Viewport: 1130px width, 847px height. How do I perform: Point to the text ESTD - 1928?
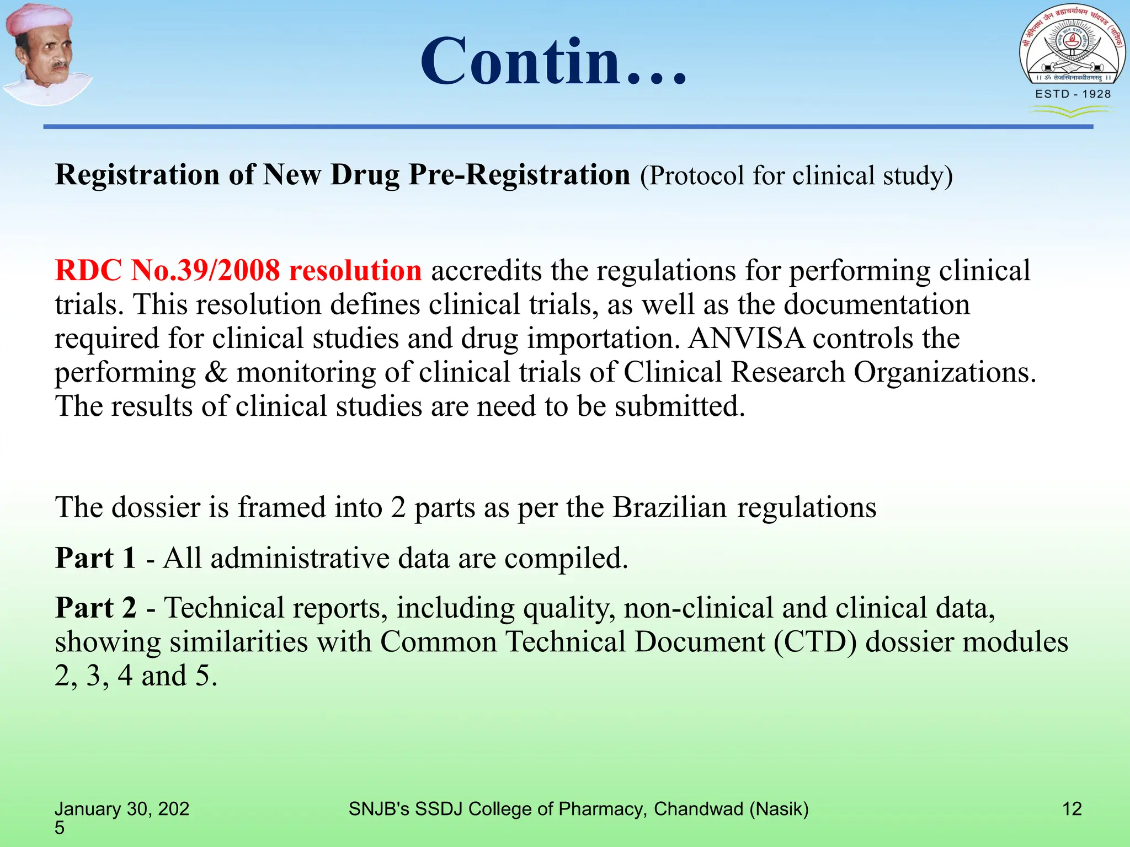tap(1073, 94)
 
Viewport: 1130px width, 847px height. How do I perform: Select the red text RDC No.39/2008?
tap(167, 271)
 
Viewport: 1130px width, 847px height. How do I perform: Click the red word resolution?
tap(355, 271)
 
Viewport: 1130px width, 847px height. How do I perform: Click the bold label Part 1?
tap(95, 558)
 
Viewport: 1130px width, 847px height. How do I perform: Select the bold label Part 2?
tap(95, 608)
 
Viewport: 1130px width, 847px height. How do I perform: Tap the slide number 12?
tap(1072, 809)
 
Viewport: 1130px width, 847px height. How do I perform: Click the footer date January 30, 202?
tap(122, 809)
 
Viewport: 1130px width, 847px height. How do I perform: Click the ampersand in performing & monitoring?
tap(216, 373)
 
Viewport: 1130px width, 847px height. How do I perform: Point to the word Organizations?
tap(945, 373)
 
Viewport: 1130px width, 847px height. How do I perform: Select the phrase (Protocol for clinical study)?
tap(796, 176)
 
